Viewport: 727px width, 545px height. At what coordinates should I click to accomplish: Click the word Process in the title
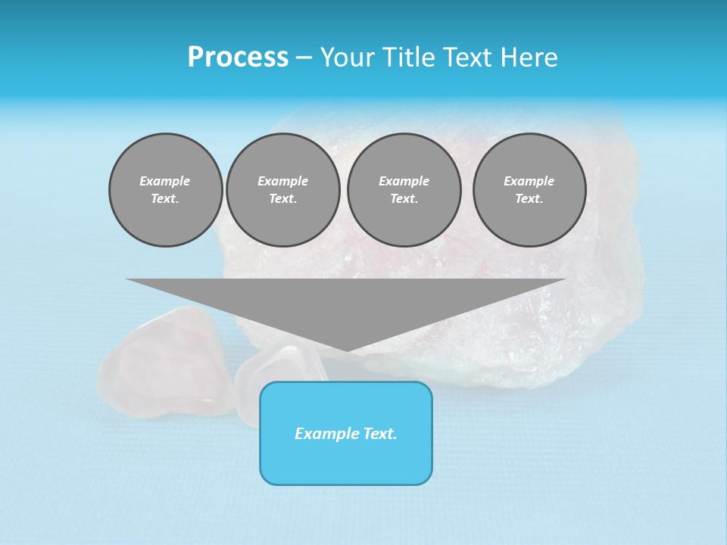coord(238,58)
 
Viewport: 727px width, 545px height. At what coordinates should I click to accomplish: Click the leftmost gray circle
coord(165,190)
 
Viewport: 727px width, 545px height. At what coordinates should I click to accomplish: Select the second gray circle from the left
coord(282,190)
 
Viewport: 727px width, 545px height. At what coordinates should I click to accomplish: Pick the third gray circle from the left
coord(404,190)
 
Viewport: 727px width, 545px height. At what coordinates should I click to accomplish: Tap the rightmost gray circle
coord(529,190)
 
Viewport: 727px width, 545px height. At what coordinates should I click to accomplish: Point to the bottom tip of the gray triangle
coord(347,350)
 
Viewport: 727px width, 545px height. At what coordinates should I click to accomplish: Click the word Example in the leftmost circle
coord(165,181)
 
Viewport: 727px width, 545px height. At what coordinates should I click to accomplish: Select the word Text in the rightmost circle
coord(529,199)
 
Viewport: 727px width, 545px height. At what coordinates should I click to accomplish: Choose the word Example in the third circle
coord(404,181)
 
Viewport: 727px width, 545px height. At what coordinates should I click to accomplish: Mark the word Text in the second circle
coord(282,199)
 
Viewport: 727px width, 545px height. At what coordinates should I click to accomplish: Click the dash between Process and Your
coord(304,58)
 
